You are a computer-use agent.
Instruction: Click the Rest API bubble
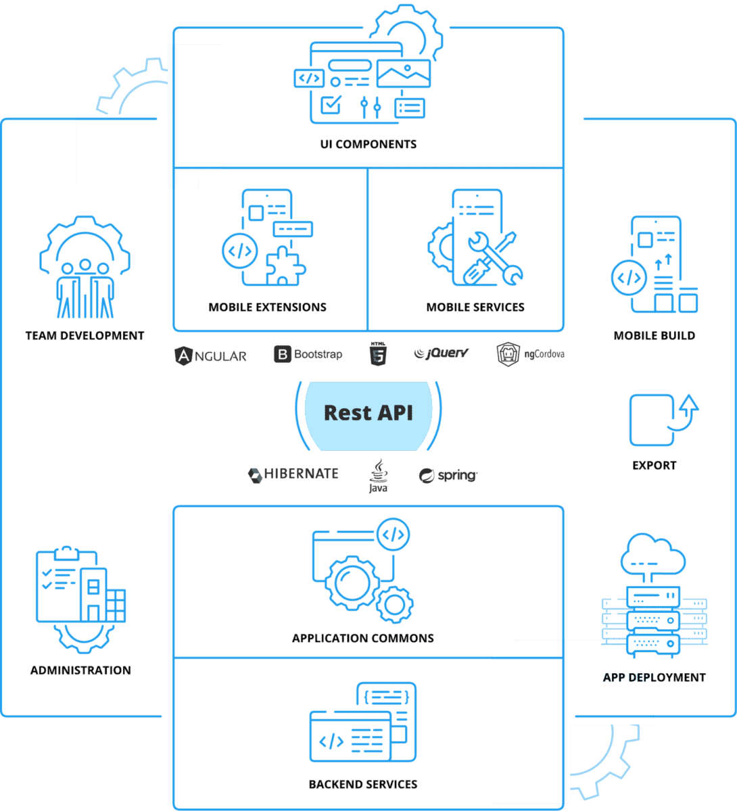coord(368,413)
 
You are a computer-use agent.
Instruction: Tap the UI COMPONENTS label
coord(368,144)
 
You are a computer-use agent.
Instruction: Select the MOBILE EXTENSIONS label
coord(268,308)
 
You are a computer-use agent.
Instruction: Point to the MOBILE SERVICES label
coord(475,308)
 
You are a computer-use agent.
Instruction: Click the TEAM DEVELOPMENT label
coord(85,336)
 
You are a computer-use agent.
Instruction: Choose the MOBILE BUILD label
coord(655,336)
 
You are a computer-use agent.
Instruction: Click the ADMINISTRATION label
coord(81,670)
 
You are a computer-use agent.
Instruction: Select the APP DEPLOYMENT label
coord(655,677)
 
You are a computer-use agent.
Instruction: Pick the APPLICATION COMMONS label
coord(363,638)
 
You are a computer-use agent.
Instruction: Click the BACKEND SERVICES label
coord(363,785)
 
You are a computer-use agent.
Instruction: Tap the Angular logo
coord(211,355)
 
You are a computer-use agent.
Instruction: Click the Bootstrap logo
coord(308,354)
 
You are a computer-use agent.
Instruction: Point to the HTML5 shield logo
coord(377,354)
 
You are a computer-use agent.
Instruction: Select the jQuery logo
coord(441,353)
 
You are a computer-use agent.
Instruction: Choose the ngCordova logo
coord(530,354)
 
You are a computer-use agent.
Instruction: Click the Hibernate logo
coord(293,474)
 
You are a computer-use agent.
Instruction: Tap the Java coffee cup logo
coord(378,475)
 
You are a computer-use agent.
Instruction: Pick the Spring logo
coord(448,476)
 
